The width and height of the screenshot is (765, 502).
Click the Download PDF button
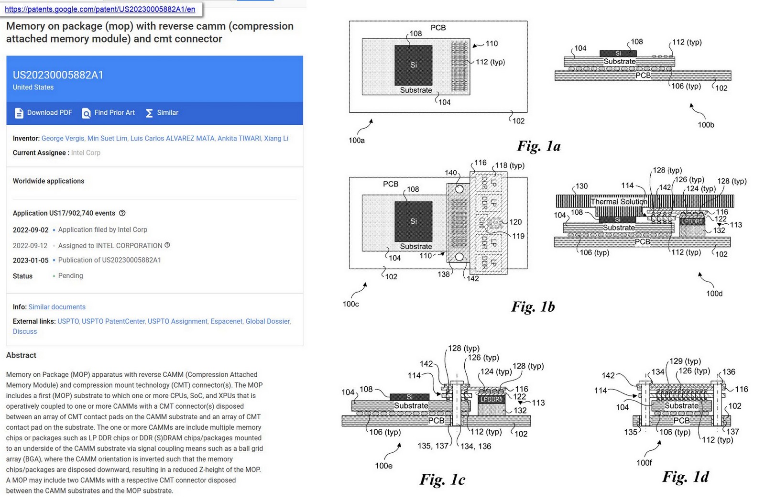(x=44, y=113)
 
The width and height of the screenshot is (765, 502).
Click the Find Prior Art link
(x=109, y=113)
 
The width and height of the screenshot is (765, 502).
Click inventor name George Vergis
(x=63, y=138)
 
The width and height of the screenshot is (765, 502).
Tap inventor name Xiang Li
(x=276, y=138)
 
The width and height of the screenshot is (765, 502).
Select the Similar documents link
(x=57, y=307)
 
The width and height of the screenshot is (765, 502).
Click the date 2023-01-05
(x=31, y=260)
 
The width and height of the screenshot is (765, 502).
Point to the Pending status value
(x=70, y=276)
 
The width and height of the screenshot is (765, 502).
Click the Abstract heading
(x=21, y=355)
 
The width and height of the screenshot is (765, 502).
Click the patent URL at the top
(x=100, y=9)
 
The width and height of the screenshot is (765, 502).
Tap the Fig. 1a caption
(x=539, y=146)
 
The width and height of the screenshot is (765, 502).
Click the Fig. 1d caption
(x=685, y=477)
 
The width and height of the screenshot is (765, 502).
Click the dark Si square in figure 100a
(x=413, y=65)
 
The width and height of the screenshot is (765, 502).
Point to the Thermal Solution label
(x=618, y=201)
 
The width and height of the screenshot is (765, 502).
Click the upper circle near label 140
(x=459, y=189)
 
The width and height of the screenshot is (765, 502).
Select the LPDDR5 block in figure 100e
(x=491, y=399)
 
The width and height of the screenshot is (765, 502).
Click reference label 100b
(x=706, y=125)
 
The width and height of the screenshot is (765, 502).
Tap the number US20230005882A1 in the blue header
(x=58, y=75)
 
